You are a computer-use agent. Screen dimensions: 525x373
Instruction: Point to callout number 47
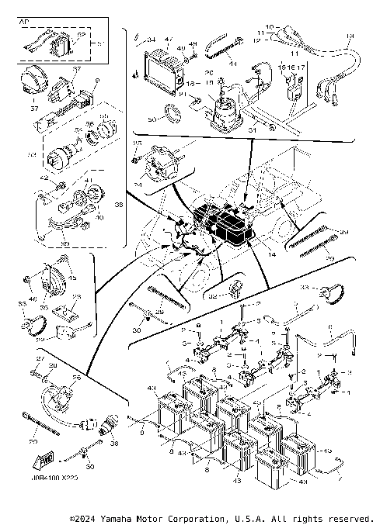[x=169, y=39]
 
